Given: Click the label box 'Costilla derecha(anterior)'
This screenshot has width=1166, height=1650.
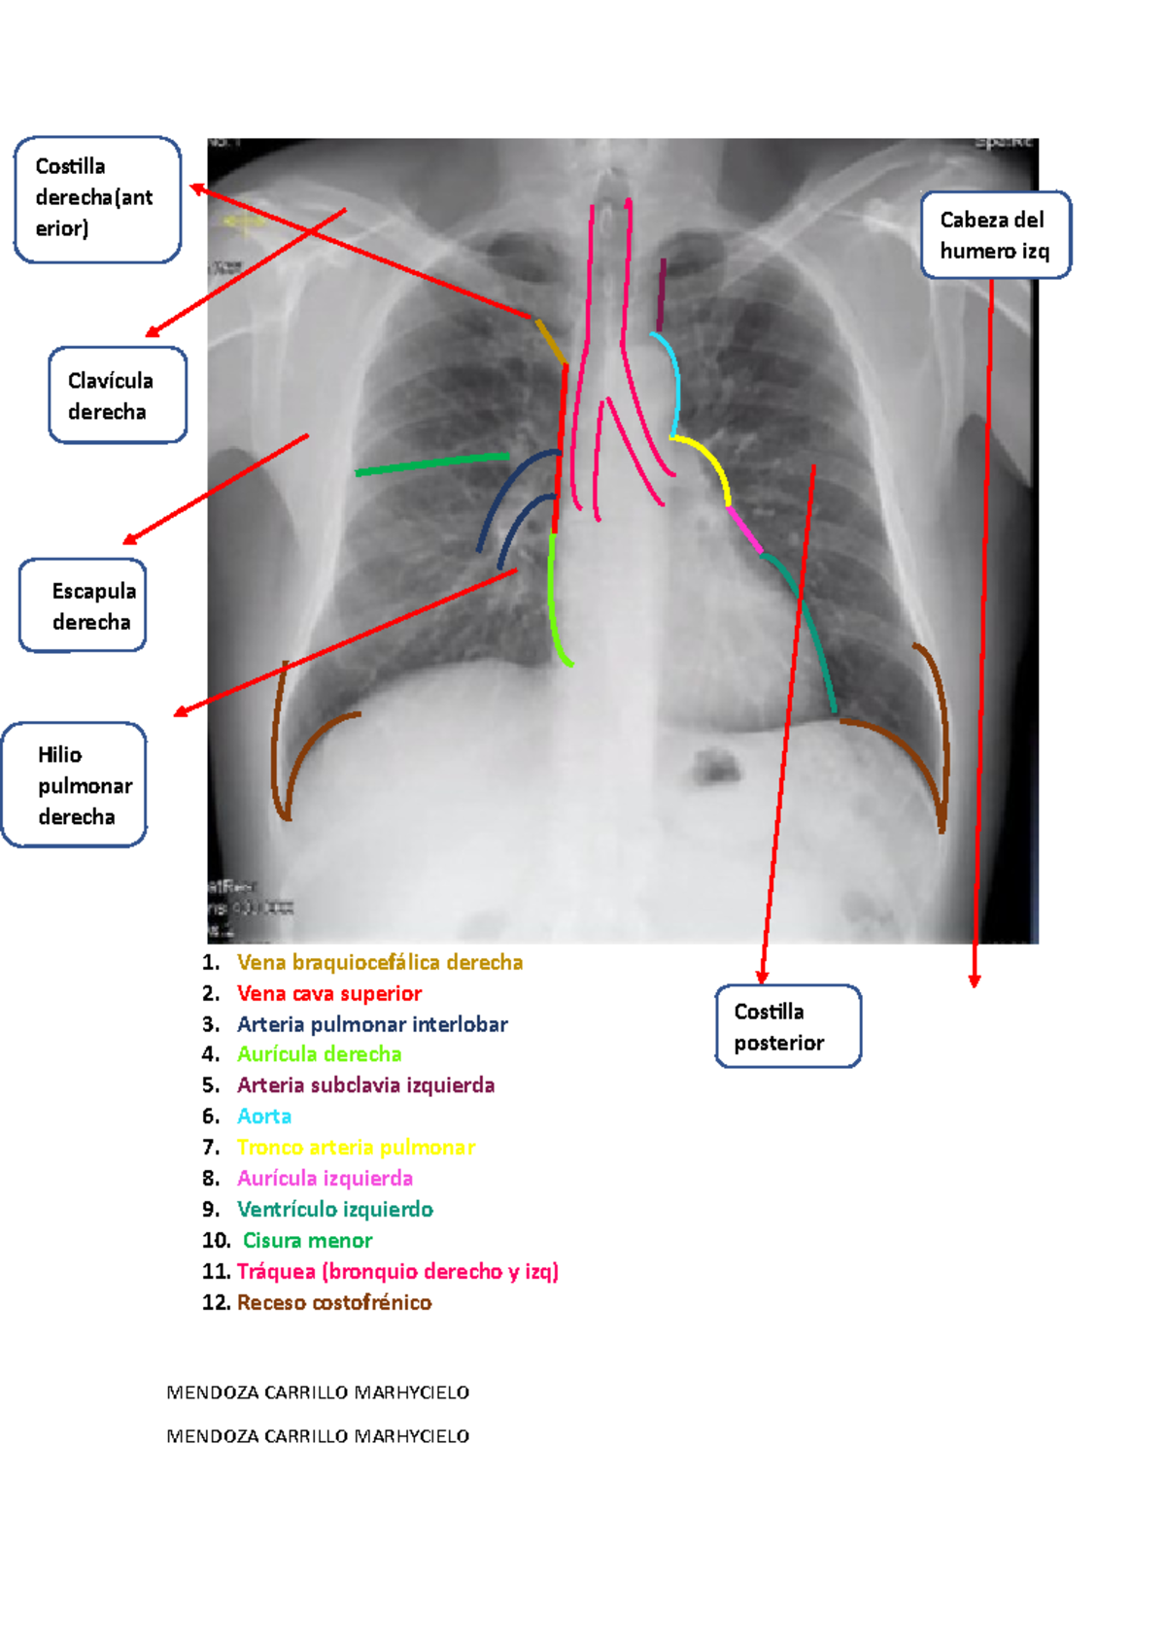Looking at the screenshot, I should coord(97,199).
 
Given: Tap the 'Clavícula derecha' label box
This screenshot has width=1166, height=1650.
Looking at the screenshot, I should coord(117,395).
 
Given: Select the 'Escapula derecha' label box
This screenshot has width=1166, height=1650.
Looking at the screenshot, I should coord(84,605).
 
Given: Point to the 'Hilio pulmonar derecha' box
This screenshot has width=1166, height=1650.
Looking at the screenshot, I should coord(75,785).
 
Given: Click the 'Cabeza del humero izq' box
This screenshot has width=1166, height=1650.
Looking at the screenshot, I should coord(995,235).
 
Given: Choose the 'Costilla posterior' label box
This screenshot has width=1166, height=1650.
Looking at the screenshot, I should coord(788,1026).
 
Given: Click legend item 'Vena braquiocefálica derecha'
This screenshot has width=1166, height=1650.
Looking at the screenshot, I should coord(380,962).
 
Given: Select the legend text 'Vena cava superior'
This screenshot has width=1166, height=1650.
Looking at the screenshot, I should coord(329,993).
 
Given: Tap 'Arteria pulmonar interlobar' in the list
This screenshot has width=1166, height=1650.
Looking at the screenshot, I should coord(372,1024).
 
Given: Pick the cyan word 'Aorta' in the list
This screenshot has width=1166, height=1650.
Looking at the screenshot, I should coord(264,1116).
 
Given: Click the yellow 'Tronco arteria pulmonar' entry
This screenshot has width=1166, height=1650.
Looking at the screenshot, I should coord(356,1147).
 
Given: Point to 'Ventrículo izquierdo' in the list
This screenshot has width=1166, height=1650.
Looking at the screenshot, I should coord(335,1209).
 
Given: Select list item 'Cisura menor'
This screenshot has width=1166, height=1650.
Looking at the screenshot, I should coord(307,1240).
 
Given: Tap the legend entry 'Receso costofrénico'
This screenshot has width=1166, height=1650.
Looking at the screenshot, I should coord(334,1302).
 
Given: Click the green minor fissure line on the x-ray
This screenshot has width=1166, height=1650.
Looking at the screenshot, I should coord(432,464).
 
